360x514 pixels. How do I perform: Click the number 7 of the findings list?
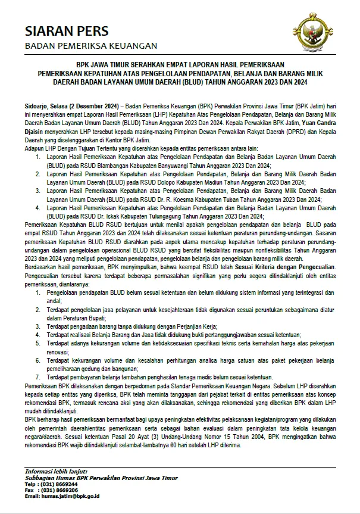click(x=38, y=377)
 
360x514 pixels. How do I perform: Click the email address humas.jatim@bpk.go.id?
click(x=70, y=496)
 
